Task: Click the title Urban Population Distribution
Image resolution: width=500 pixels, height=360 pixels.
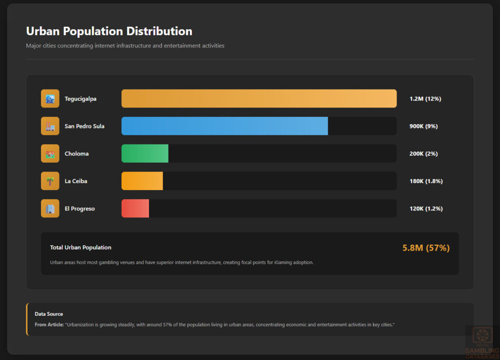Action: (x=109, y=31)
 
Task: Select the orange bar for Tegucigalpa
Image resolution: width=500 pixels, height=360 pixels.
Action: (x=259, y=99)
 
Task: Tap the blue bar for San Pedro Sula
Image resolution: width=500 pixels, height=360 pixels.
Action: (x=225, y=126)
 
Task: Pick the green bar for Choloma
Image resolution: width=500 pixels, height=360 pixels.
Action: (x=145, y=153)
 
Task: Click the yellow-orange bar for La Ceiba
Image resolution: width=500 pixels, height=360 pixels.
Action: (x=142, y=181)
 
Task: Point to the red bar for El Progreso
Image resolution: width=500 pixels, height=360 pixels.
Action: (x=135, y=209)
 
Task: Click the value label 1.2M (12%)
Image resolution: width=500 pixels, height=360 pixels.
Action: (x=425, y=99)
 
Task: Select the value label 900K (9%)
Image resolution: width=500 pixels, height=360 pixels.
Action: (x=423, y=126)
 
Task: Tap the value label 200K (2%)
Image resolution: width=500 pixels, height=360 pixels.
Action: (x=423, y=153)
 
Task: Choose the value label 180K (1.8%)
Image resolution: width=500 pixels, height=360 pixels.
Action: (x=426, y=181)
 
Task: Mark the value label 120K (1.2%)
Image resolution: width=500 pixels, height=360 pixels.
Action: (x=426, y=209)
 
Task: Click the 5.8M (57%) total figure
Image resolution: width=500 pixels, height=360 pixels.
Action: (x=426, y=248)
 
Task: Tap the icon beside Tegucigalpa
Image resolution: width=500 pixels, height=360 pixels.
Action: (x=50, y=99)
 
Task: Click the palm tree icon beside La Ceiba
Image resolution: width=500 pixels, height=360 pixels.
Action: (x=50, y=181)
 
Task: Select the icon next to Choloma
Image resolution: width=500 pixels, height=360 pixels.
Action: (x=50, y=153)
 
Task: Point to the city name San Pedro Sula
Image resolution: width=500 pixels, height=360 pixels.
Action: (x=84, y=126)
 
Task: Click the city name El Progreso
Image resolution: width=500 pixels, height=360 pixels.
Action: (x=80, y=209)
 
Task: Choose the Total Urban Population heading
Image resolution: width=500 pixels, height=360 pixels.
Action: (x=81, y=248)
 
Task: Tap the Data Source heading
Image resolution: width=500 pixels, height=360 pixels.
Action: (x=49, y=314)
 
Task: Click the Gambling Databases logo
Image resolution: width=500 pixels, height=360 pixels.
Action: (x=482, y=341)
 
